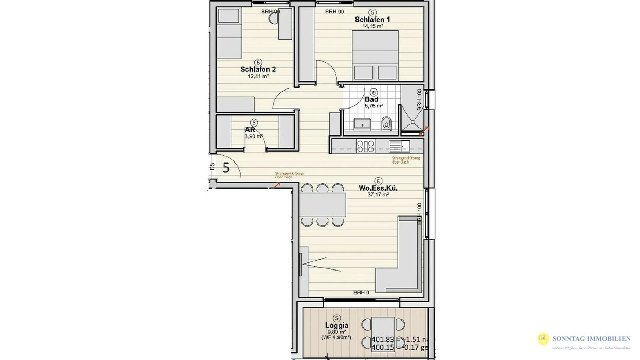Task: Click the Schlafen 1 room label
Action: click(x=372, y=20)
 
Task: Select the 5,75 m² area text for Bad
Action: click(x=373, y=106)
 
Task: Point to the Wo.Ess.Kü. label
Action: click(x=378, y=188)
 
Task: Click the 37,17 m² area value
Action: click(x=378, y=195)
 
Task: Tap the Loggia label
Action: click(x=337, y=325)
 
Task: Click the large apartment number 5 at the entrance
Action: click(x=226, y=167)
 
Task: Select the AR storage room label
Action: click(x=251, y=130)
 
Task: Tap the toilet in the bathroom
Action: click(x=387, y=122)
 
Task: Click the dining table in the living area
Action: click(x=323, y=204)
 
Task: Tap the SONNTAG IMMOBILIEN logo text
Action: click(x=591, y=338)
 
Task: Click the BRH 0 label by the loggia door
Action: click(x=361, y=292)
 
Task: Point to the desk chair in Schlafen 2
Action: click(x=273, y=19)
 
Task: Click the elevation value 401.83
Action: click(x=380, y=339)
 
